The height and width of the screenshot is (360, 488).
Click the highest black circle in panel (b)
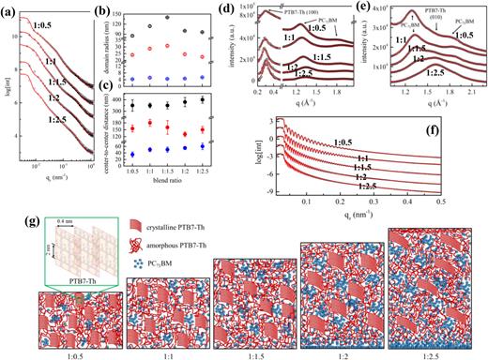142,17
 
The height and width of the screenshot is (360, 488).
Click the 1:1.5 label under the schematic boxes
244,353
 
